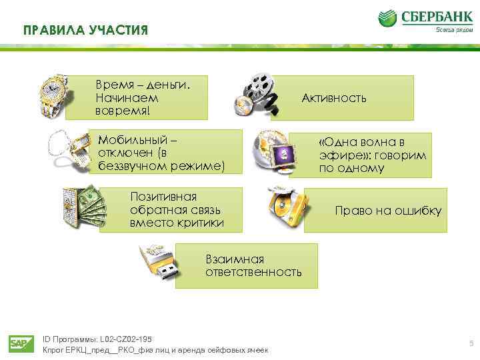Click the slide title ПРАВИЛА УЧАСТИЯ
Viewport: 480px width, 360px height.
coord(85,31)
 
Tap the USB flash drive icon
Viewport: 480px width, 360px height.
coord(161,263)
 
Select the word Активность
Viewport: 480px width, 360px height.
coord(334,99)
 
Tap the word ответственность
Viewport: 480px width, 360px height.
coord(253,272)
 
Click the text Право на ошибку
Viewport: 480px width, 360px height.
coord(388,211)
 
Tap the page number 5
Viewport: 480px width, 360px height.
coord(471,344)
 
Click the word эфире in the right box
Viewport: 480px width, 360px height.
coord(337,155)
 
